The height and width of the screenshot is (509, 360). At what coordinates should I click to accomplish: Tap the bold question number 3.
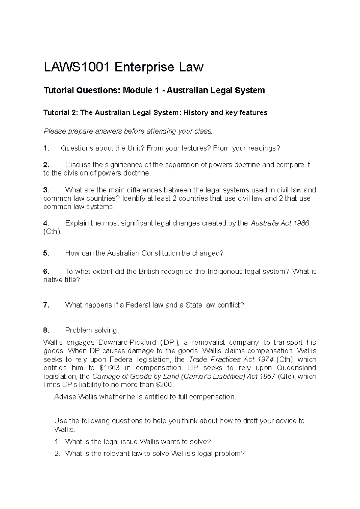pyautogui.click(x=46, y=190)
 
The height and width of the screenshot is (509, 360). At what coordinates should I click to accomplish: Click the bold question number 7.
pyautogui.click(x=46, y=305)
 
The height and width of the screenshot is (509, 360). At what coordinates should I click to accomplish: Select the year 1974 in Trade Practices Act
pyautogui.click(x=265, y=359)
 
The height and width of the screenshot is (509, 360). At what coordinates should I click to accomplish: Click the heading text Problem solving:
pyautogui.click(x=92, y=330)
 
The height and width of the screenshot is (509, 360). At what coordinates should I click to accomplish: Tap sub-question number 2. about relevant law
pyautogui.click(x=58, y=454)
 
